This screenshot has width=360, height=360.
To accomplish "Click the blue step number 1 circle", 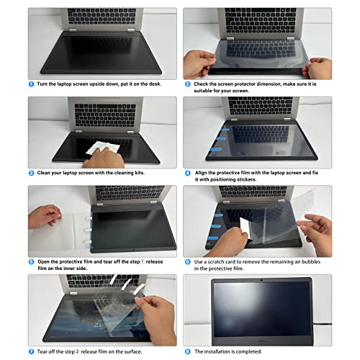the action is click(x=32, y=84).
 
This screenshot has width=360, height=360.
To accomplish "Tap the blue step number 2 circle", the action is click(x=188, y=84).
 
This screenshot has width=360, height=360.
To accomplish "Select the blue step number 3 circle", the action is click(x=32, y=173).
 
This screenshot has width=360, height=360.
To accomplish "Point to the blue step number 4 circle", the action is click(x=188, y=173).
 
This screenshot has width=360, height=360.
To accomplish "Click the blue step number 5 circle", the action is click(x=32, y=262).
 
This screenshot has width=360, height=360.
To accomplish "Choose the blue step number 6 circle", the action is click(x=188, y=262).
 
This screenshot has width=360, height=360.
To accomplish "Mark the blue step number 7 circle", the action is click(x=32, y=351).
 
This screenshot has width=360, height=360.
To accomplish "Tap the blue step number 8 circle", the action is click(x=188, y=351).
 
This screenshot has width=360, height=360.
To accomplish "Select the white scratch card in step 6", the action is click(x=246, y=228).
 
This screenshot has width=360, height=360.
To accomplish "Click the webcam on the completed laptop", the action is click(x=261, y=280).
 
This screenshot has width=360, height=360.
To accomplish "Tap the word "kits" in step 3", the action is click(x=139, y=173).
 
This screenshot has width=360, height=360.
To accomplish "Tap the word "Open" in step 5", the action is click(x=44, y=262).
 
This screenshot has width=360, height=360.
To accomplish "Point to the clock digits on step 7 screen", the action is click(x=102, y=325).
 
